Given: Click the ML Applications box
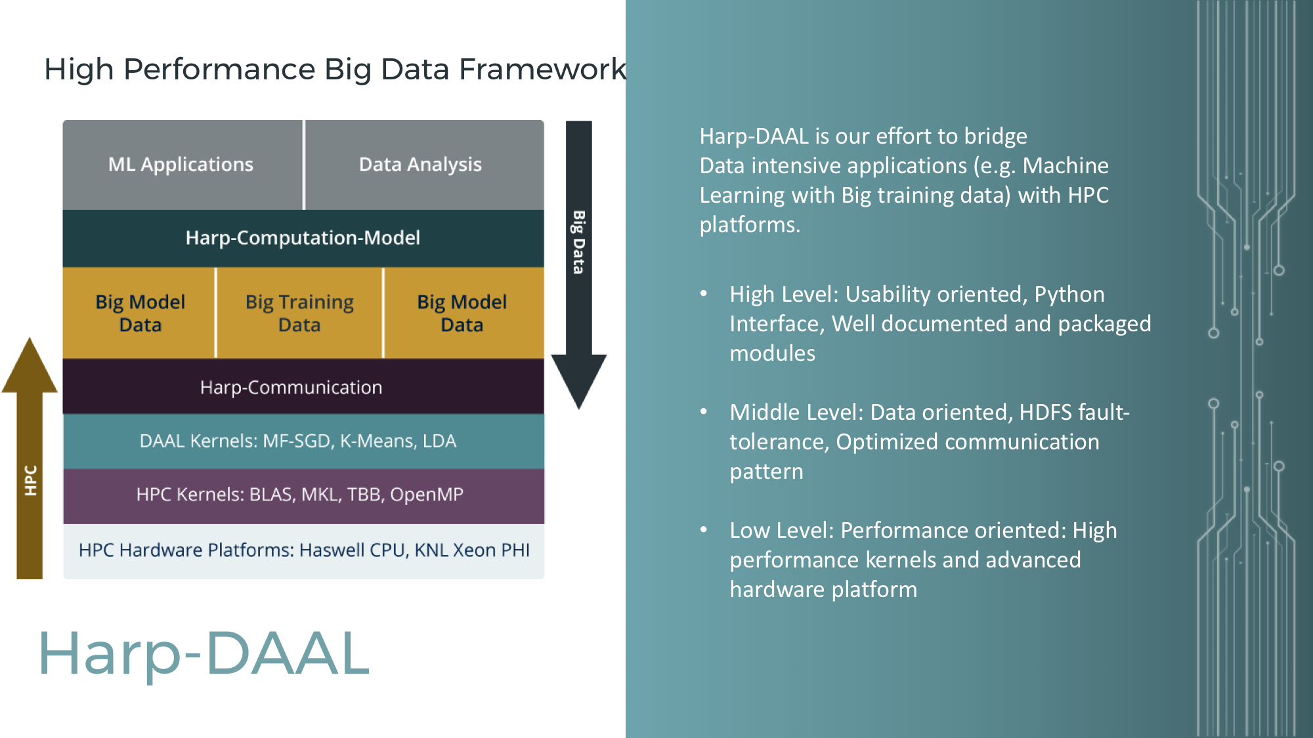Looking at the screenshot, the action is pyautogui.click(x=183, y=165).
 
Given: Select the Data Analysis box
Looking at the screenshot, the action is pyautogui.click(x=425, y=165).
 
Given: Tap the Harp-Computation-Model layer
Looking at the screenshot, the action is pyautogui.click(x=303, y=238).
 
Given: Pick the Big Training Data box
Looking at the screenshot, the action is pyautogui.click(x=299, y=313).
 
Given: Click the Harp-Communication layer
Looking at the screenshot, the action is pyautogui.click(x=303, y=386).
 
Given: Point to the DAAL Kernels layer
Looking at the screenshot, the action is pyautogui.click(x=303, y=441).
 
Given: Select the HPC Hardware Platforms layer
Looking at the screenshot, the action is pyautogui.click(x=303, y=551).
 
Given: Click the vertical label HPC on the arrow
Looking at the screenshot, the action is pyautogui.click(x=30, y=480).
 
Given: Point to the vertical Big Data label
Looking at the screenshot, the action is pyautogui.click(x=578, y=242).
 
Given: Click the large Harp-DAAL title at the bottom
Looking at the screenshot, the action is pyautogui.click(x=204, y=653).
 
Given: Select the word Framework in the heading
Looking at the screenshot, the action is pyautogui.click(x=542, y=69).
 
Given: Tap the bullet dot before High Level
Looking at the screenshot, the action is pyautogui.click(x=704, y=293).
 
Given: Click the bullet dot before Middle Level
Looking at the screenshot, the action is pyautogui.click(x=704, y=411).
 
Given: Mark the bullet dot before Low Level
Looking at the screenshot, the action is pyautogui.click(x=704, y=529).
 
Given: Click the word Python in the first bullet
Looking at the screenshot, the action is pyautogui.click(x=1069, y=295).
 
